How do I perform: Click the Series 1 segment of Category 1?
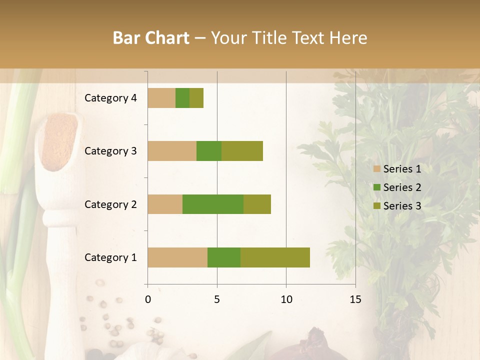177,257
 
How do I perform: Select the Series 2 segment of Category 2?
213,204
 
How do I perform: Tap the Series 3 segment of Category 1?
275,257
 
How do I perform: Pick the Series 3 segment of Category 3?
242,151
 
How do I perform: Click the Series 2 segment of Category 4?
182,98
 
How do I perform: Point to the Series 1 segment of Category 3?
172,151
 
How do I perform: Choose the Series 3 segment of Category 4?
196,98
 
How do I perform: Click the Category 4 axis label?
110,98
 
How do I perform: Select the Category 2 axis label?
110,204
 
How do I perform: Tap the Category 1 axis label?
110,257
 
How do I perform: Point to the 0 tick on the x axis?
148,299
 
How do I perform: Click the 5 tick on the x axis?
217,299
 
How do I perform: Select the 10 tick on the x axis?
286,299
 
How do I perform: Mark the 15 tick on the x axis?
355,299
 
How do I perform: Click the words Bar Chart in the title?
151,38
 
